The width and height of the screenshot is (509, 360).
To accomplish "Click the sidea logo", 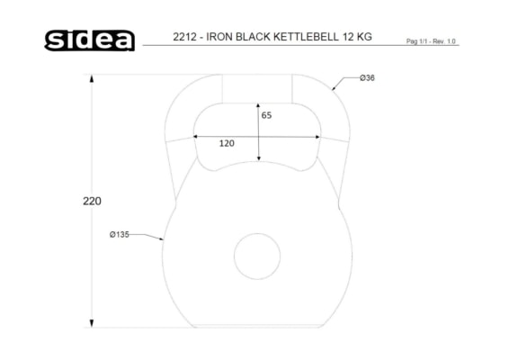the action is (x=90, y=40).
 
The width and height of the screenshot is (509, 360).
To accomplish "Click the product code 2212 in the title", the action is (x=184, y=37).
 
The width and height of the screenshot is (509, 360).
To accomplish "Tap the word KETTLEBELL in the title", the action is (x=306, y=37).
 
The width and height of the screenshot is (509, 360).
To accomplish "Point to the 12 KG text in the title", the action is (x=357, y=37).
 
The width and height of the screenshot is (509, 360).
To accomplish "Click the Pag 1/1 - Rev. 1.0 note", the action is (x=431, y=41).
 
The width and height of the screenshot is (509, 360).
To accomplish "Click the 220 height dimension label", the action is (x=92, y=201).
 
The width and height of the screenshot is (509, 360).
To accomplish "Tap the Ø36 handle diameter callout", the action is (x=367, y=78).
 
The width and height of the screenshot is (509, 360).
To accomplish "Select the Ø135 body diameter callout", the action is (x=119, y=234).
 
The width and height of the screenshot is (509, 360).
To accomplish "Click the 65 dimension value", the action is (x=266, y=115).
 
